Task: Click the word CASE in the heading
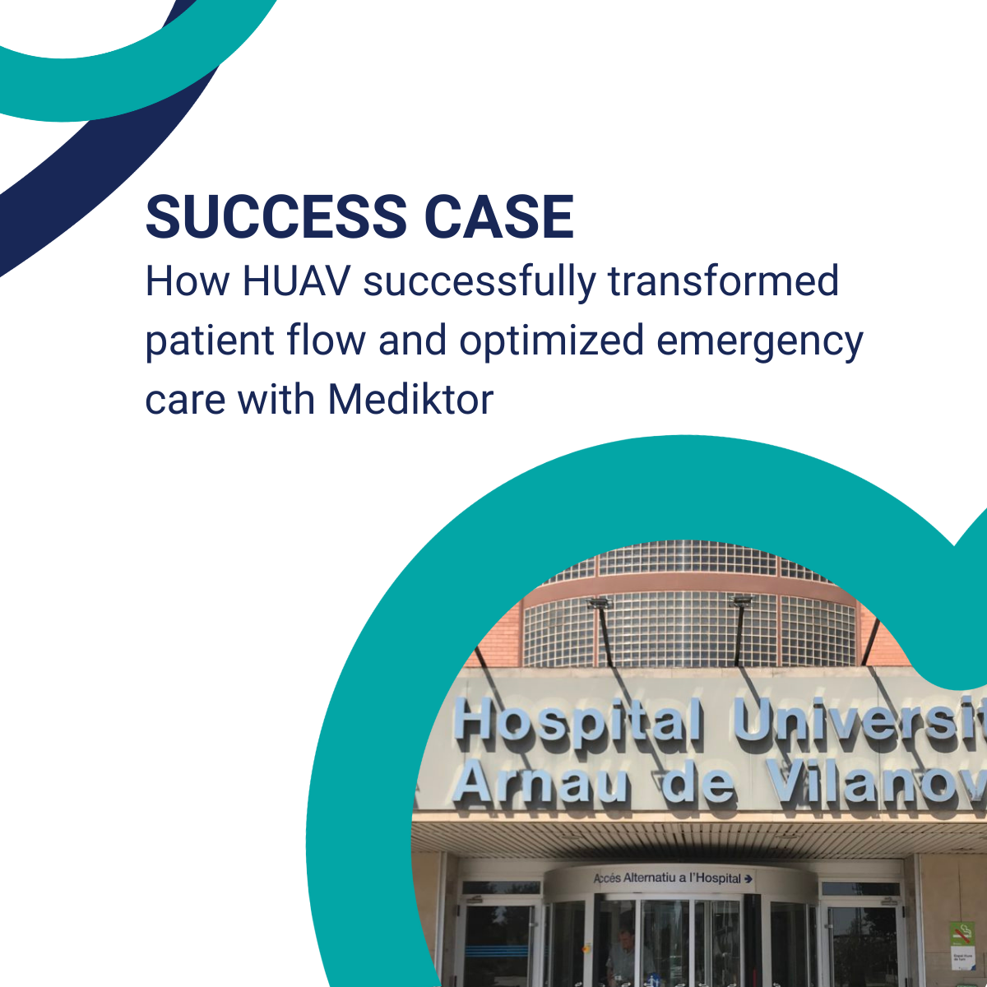[x=499, y=217]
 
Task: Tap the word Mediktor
[x=410, y=400]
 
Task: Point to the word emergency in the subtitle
[x=759, y=341]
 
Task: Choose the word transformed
[x=723, y=281]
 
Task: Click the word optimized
[x=550, y=341]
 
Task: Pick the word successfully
[x=479, y=281]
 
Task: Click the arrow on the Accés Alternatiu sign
[x=748, y=878]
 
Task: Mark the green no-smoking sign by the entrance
[x=962, y=934]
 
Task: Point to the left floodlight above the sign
[x=599, y=605]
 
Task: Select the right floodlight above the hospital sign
[x=743, y=601]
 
